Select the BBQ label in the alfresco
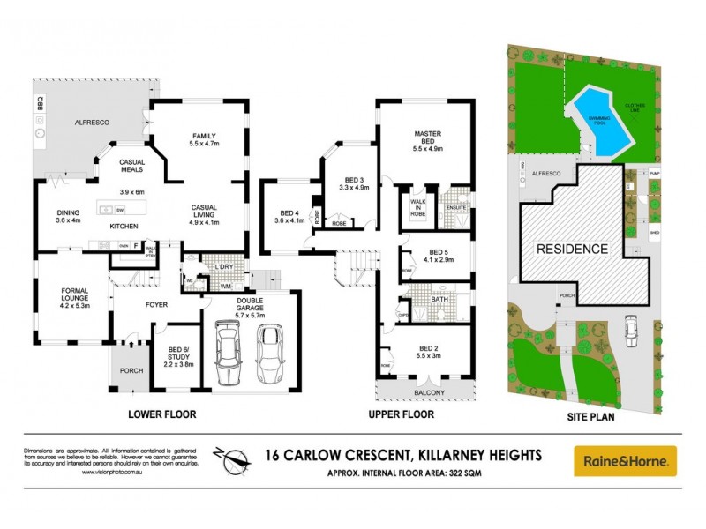click(x=40, y=104)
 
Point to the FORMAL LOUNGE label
click(x=74, y=294)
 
